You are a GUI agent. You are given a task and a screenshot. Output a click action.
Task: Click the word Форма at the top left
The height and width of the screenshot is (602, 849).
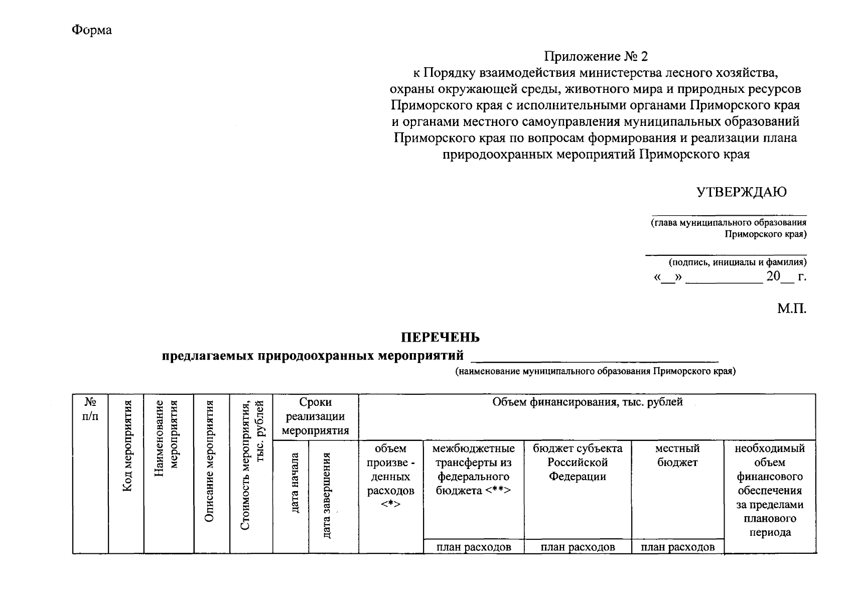(x=91, y=30)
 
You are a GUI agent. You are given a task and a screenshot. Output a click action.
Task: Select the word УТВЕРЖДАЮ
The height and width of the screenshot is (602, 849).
(x=741, y=192)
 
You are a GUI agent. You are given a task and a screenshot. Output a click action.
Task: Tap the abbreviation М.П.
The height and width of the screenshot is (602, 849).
(x=792, y=309)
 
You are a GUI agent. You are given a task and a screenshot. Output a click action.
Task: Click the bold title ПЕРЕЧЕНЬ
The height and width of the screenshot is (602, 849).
(x=440, y=338)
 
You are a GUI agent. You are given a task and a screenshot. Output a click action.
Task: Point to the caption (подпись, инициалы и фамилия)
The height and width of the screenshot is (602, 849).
(x=737, y=262)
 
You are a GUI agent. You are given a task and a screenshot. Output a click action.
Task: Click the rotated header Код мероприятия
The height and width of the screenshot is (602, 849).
(x=127, y=446)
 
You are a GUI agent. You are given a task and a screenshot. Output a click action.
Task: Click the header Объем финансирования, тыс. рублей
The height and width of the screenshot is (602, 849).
(x=587, y=402)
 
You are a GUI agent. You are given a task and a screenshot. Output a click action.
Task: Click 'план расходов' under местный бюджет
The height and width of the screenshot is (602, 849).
(x=677, y=547)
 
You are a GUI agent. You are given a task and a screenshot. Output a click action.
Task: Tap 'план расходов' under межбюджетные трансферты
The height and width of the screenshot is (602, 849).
(x=474, y=547)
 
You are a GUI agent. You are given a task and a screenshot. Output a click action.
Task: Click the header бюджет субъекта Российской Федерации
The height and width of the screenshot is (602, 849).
(x=578, y=462)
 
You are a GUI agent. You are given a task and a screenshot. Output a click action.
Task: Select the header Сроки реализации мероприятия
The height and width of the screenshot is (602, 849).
(x=315, y=416)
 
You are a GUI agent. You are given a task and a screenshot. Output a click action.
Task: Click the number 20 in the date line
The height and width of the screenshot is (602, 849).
(x=773, y=276)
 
